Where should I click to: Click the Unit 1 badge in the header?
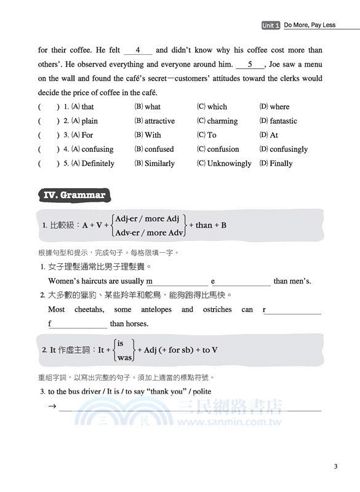[271, 25]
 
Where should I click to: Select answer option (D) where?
[274, 107]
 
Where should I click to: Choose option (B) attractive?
[154, 121]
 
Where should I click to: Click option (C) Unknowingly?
[224, 164]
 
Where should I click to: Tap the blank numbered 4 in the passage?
[138, 50]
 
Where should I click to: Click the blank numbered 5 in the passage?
[249, 65]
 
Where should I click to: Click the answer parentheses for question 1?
[49, 107]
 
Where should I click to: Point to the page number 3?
[335, 466]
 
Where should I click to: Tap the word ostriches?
[217, 309]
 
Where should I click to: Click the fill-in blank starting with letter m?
[175, 281]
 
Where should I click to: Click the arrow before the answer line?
[52, 407]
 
